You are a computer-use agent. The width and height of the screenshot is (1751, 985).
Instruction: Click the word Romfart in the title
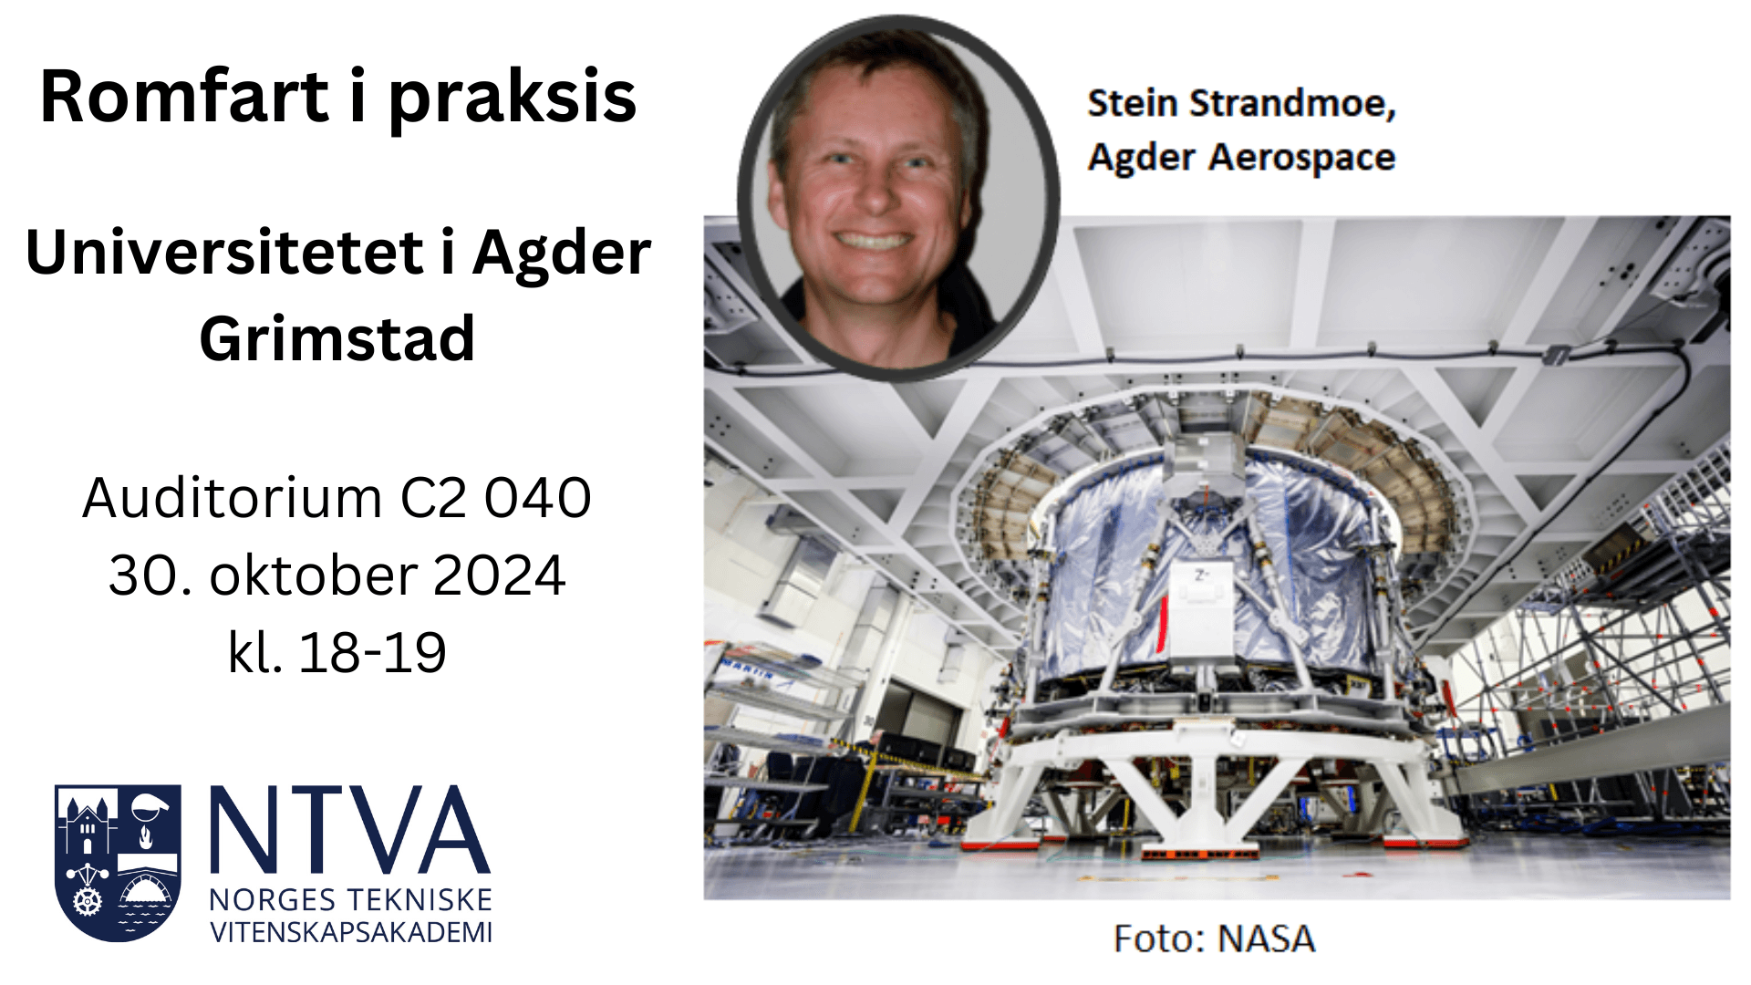click(184, 97)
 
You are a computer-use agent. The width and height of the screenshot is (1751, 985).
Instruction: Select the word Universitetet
click(224, 253)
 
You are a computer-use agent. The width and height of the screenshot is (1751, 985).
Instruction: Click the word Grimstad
click(337, 338)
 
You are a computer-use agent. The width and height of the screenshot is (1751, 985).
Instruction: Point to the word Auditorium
click(232, 498)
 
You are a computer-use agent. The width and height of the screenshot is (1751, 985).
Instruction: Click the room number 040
click(538, 498)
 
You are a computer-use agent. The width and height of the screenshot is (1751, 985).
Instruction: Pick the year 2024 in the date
click(499, 575)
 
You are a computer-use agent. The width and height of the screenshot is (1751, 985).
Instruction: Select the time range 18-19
click(372, 652)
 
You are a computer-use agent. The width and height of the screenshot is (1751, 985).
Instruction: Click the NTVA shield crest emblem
click(118, 863)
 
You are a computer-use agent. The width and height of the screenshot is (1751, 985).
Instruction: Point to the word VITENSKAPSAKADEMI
click(351, 932)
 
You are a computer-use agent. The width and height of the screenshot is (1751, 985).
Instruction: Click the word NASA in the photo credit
click(1267, 938)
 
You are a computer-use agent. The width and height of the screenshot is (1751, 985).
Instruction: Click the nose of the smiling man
click(873, 194)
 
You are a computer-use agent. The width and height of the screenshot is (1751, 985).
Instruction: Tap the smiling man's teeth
click(873, 241)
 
